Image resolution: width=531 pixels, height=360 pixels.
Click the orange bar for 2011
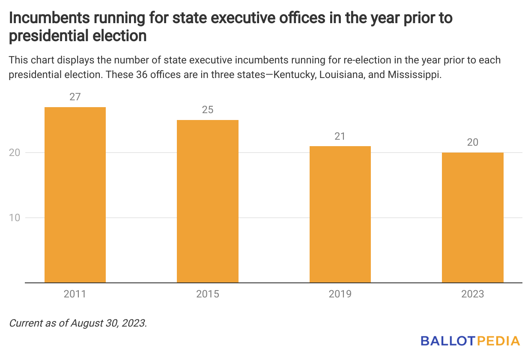click(x=75, y=195)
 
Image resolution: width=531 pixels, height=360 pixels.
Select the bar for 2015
click(x=208, y=201)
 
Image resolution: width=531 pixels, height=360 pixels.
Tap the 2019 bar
click(x=340, y=214)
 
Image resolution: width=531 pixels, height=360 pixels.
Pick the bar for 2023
click(x=473, y=218)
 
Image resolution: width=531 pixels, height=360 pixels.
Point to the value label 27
click(x=75, y=97)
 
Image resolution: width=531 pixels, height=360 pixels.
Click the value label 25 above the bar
click(x=208, y=110)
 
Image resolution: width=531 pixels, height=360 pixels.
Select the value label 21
click(x=340, y=136)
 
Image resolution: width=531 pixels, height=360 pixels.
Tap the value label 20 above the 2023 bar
click(x=473, y=142)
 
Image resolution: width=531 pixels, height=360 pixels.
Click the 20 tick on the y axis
click(x=15, y=153)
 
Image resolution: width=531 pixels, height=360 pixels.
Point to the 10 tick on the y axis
click(x=15, y=218)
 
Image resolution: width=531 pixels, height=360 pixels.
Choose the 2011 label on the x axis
click(x=75, y=294)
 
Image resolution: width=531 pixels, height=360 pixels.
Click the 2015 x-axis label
click(x=208, y=294)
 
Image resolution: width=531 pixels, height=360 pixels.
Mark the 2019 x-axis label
click(x=340, y=294)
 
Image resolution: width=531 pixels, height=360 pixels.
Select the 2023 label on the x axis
click(x=473, y=294)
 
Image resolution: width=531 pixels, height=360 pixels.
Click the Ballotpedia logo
click(x=470, y=341)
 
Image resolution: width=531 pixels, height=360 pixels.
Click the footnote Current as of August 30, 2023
click(x=78, y=323)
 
